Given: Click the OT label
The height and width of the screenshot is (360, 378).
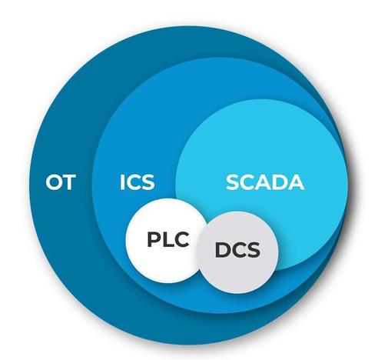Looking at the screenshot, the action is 61,182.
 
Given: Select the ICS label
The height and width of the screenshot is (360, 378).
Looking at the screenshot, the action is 138,182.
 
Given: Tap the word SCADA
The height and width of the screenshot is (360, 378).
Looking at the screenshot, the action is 265,182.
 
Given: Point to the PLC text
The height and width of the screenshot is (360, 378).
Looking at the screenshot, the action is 168,239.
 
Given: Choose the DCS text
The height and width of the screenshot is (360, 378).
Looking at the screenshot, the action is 237,250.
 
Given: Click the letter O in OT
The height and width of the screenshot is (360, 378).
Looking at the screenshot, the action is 54,182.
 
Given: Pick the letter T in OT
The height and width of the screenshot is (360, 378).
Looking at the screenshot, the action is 69,182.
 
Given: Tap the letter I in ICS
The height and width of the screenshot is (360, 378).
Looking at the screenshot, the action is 122,182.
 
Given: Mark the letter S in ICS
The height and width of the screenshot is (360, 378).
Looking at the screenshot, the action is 148,182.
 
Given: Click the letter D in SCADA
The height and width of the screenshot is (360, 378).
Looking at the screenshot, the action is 279,182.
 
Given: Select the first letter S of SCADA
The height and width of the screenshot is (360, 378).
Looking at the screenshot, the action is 233,182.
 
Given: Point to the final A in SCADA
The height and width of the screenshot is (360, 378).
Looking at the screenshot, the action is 296,182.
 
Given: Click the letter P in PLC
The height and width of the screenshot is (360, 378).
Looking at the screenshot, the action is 154,239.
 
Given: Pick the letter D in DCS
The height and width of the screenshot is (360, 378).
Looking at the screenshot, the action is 223,250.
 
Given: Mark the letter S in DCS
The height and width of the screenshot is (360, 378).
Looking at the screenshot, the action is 254,250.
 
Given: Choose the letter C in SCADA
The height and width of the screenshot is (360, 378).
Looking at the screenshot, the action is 247,182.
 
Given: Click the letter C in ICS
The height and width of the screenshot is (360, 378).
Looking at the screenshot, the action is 133,182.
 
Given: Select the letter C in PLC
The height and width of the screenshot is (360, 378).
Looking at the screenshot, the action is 181,239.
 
